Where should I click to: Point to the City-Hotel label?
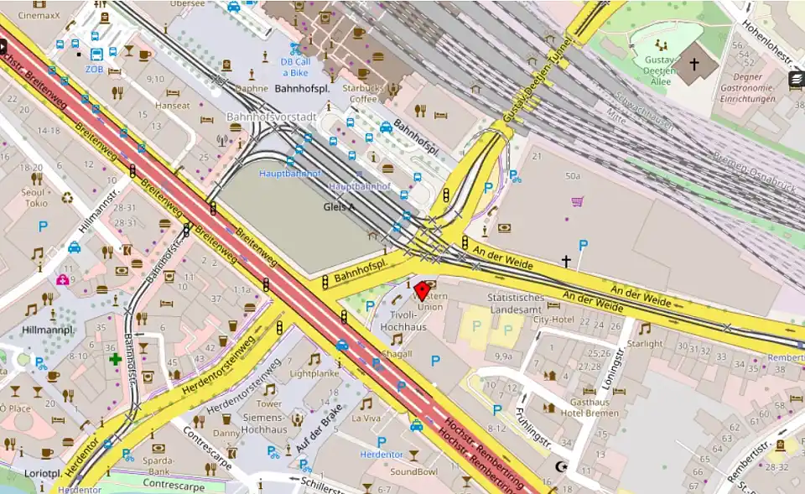point(553,320)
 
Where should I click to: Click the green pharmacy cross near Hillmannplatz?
point(115,359)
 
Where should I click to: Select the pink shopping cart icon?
point(577,201)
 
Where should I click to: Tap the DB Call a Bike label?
point(296,67)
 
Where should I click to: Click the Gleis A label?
point(340,206)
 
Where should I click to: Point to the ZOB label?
point(93,69)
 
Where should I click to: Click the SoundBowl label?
point(413,472)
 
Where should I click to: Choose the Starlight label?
point(644,343)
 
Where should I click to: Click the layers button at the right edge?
point(796,80)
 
